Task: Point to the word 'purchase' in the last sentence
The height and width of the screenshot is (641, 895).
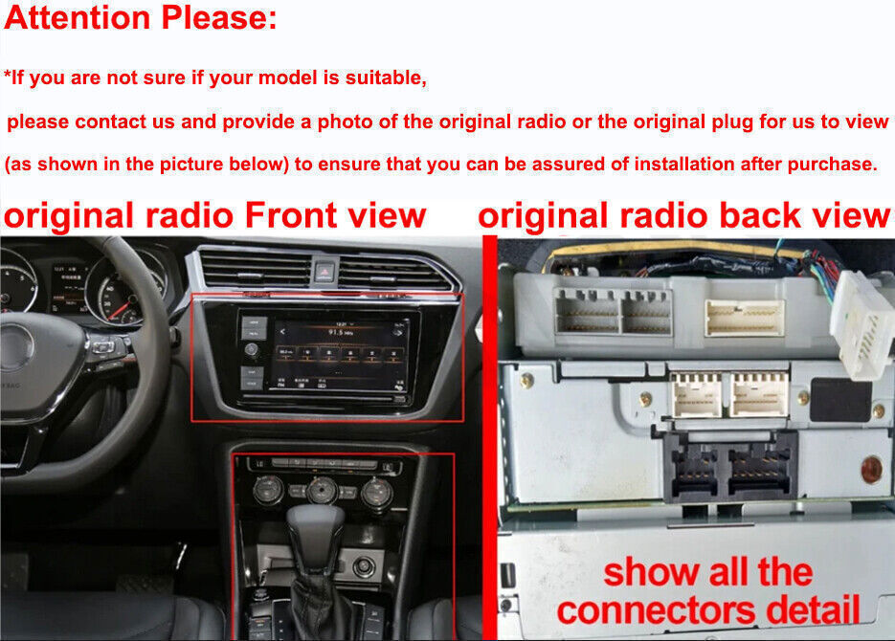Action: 829,164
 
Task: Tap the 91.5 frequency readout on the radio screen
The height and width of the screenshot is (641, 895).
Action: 335,332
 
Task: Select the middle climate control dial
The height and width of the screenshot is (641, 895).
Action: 319,491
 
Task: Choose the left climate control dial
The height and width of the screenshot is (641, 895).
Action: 264,491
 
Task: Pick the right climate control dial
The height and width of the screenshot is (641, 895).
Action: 377,492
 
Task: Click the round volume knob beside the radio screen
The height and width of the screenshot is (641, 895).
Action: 252,351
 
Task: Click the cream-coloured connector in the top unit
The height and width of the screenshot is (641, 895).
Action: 744,318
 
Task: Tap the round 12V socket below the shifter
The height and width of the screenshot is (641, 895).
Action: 364,566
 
